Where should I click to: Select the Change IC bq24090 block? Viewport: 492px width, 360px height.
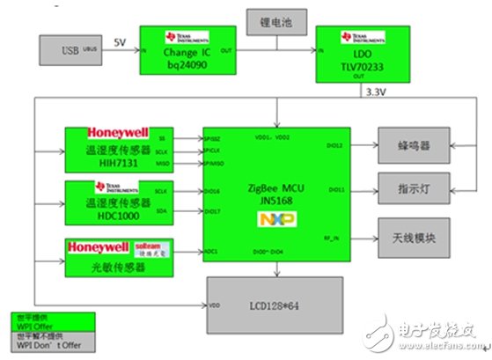190,49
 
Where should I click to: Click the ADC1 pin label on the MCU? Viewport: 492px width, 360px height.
213,252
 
